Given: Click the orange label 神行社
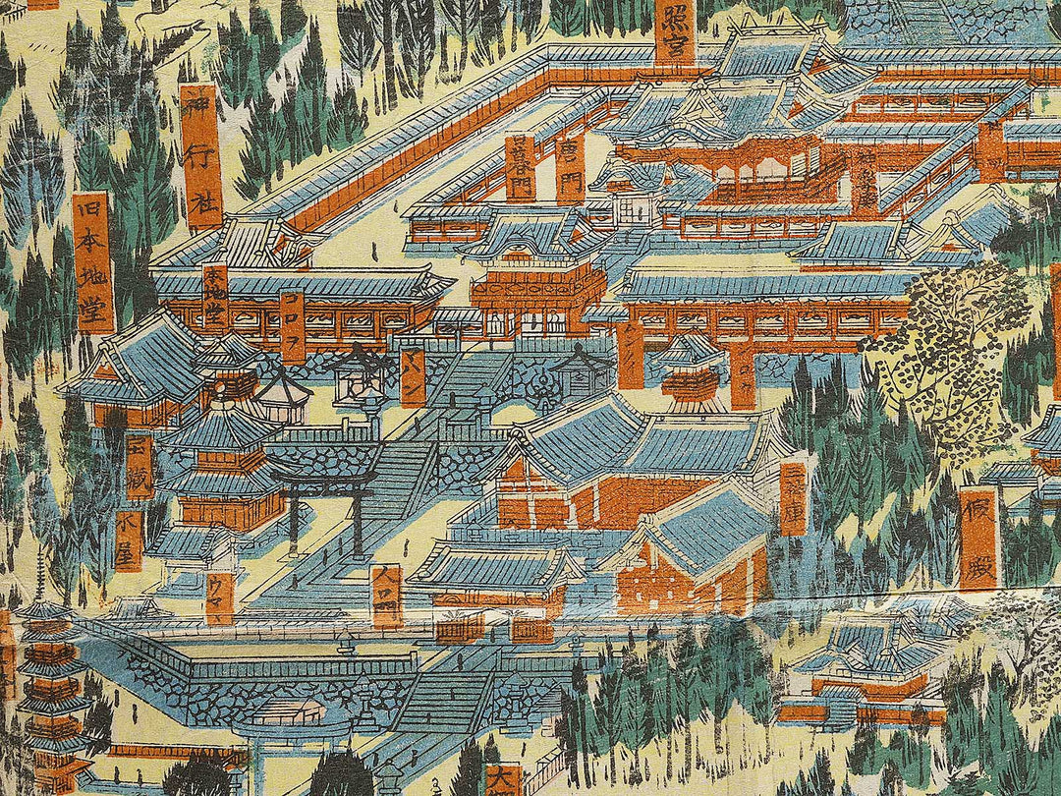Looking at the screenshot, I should [x=200, y=155].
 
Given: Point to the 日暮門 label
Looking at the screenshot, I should [x=520, y=168].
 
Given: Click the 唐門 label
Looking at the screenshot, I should [x=570, y=167].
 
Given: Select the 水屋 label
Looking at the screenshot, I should [x=128, y=540].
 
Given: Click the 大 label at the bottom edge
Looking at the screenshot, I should [x=503, y=780].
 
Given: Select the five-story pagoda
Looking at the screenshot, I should [x=49, y=688].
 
